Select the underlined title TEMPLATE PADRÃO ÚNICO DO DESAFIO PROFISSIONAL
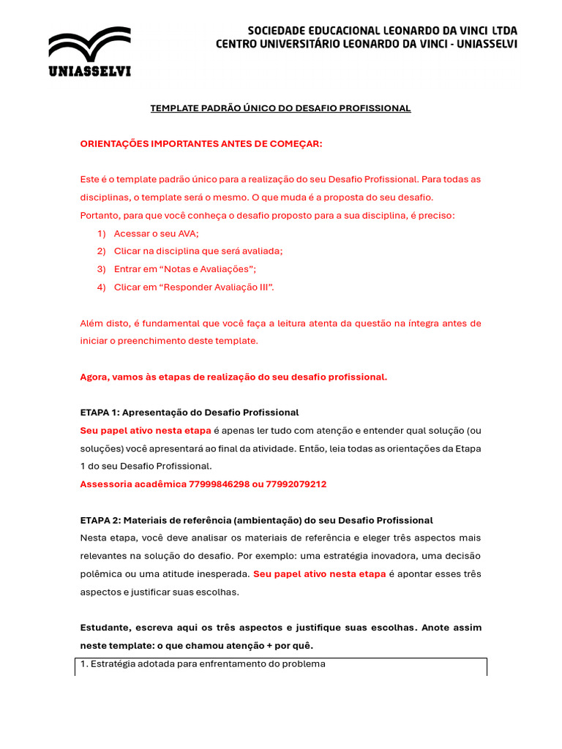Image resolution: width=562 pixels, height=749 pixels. point(280,108)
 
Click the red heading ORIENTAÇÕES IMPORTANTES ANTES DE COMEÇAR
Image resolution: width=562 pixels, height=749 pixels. point(201,144)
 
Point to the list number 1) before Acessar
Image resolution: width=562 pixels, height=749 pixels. point(101,233)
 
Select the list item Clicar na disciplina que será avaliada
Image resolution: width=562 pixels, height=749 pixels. point(198,251)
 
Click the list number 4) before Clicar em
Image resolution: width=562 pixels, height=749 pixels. point(101,287)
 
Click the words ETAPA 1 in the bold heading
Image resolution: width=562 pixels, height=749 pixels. point(97,413)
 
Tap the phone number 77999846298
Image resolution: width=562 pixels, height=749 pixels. point(220,484)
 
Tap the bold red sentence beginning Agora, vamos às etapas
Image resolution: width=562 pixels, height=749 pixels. point(233,377)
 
